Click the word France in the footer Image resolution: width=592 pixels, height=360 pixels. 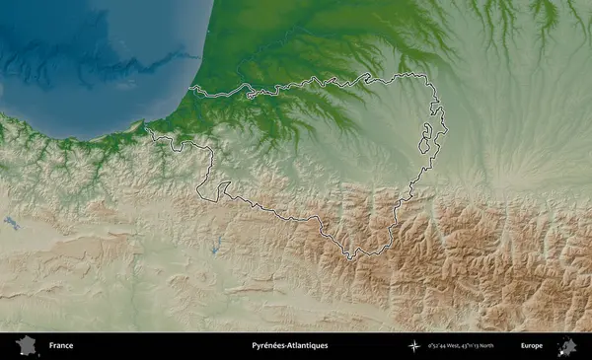point(61,346)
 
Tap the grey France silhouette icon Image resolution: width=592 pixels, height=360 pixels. point(26,345)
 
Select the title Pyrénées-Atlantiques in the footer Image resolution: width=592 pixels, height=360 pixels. point(289,346)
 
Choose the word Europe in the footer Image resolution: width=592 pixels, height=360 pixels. point(532,346)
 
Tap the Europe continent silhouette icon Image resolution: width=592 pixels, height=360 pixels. point(566,346)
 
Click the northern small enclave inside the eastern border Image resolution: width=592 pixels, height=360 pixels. point(431,127)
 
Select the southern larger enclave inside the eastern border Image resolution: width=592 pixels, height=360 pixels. point(425,145)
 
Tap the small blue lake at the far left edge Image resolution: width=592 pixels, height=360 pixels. point(12,224)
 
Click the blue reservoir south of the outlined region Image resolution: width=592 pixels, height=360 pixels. point(214,246)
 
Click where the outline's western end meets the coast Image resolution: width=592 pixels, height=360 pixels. point(147,128)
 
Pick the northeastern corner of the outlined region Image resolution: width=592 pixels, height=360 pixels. point(434,83)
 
